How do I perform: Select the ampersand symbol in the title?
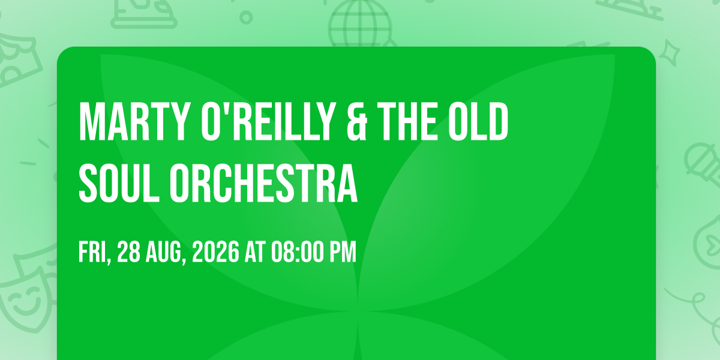pyautogui.click(x=357, y=121)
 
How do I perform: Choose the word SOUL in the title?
pyautogui.click(x=119, y=183)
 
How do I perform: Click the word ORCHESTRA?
pyautogui.click(x=263, y=183)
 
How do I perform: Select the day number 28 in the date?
pyautogui.click(x=128, y=253)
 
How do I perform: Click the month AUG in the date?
pyautogui.click(x=164, y=253)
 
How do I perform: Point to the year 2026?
pyautogui.click(x=215, y=253)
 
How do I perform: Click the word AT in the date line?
pyautogui.click(x=255, y=253)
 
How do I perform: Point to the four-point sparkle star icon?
pyautogui.click(x=669, y=53)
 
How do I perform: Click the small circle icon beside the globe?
pyautogui.click(x=246, y=17)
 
